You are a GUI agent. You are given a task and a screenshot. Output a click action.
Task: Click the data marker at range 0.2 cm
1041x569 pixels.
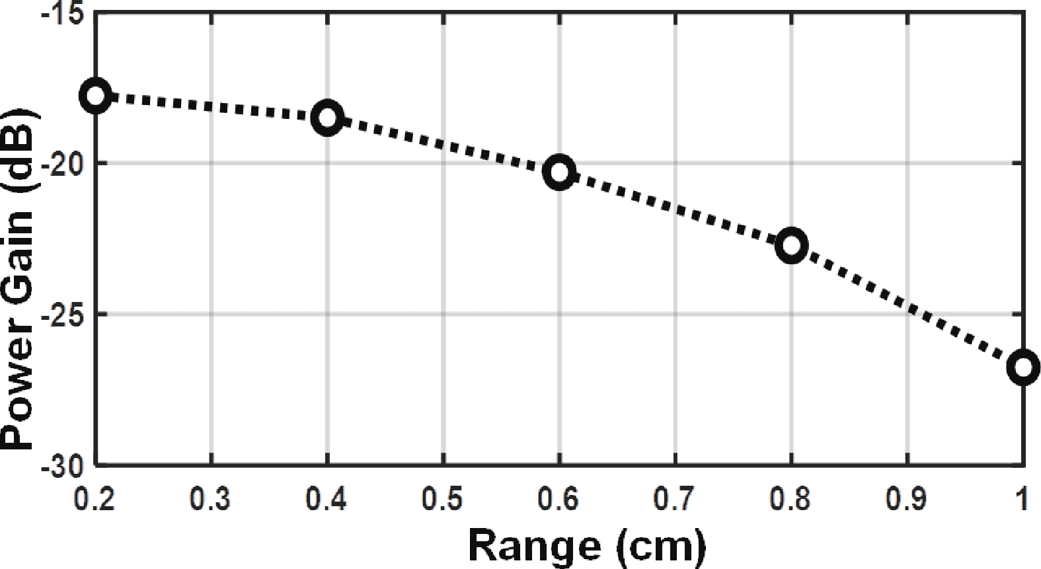(96, 96)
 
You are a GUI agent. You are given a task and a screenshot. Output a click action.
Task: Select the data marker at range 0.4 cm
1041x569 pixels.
(327, 118)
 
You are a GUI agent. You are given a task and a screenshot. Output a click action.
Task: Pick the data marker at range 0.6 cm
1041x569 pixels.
(559, 172)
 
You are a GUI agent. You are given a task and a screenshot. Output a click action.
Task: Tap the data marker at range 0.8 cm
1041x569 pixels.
(791, 245)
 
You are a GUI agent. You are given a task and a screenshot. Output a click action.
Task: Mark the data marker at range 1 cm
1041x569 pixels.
(1022, 367)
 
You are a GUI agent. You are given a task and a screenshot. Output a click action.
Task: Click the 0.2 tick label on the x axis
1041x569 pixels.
(96, 500)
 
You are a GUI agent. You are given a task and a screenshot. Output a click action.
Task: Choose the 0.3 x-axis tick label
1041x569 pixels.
(211, 500)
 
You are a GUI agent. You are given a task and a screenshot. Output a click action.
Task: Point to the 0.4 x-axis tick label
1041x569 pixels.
(327, 500)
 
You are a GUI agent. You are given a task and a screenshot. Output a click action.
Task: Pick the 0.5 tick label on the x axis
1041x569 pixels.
(443, 500)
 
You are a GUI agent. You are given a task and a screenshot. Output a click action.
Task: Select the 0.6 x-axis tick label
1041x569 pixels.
(559, 500)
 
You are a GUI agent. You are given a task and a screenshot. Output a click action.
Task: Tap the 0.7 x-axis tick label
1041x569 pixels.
(675, 500)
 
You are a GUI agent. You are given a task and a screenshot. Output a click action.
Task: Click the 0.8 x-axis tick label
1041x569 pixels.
(791, 500)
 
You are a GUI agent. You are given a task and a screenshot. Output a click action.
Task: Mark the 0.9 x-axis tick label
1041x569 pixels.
(907, 500)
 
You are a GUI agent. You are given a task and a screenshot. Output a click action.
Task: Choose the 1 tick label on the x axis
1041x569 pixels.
(1022, 500)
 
